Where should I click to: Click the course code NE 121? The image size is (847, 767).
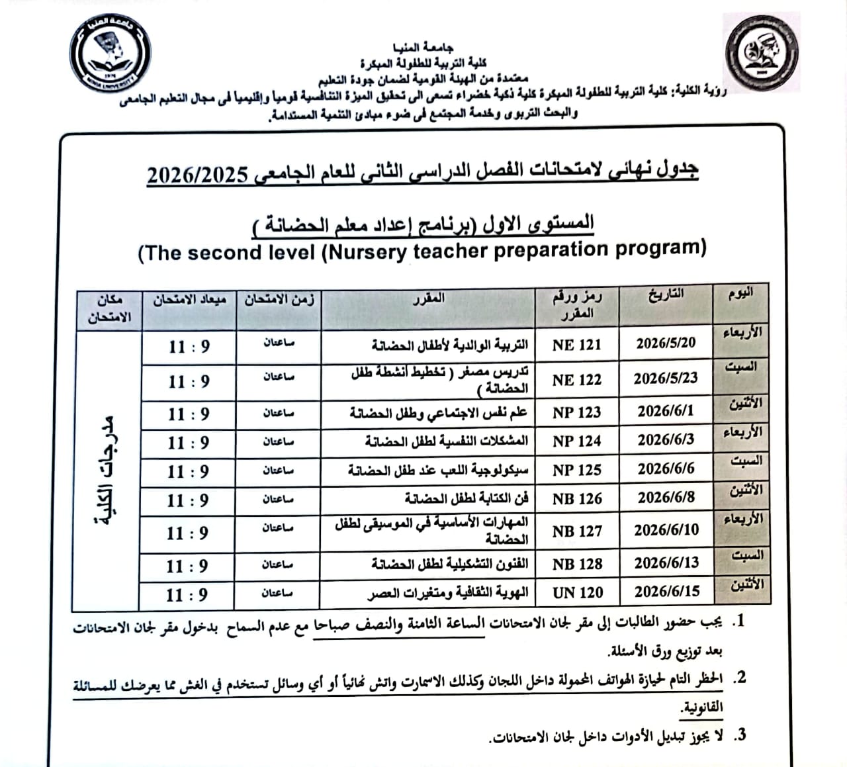coord(577,345)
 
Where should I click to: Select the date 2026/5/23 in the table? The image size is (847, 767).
coord(666,379)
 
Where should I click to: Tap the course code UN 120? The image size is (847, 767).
coord(578,593)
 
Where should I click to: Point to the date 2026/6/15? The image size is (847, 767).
coord(666,591)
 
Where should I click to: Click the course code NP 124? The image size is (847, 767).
coord(577,441)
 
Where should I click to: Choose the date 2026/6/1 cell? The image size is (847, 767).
coord(666,411)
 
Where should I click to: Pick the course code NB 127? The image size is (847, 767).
coord(577,531)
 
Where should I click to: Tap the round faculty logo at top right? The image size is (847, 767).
coord(762,53)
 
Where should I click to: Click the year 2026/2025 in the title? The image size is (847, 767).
coord(197,176)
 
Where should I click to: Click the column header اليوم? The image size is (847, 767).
coord(740,294)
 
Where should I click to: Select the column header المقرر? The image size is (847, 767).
coord(428,299)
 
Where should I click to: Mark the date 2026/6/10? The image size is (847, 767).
coord(666,530)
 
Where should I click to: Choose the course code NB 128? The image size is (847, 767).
coord(577,564)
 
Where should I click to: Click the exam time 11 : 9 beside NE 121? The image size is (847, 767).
coord(189,347)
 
